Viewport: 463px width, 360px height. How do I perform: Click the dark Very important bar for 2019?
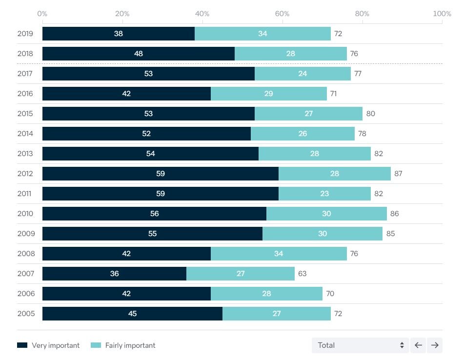[118, 34]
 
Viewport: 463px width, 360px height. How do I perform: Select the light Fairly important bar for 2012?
[334, 174]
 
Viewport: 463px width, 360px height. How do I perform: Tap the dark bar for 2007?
[114, 274]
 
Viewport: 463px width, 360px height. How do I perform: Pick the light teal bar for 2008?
[278, 254]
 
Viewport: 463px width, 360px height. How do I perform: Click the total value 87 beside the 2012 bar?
[398, 174]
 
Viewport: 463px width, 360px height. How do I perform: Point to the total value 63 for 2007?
[302, 274]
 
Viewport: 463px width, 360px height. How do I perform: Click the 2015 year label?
[25, 114]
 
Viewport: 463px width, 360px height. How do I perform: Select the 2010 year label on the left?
[25, 214]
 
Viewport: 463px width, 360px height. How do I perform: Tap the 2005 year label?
[25, 314]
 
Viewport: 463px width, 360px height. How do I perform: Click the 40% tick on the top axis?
[202, 14]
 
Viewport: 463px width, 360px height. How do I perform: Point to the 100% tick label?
[442, 14]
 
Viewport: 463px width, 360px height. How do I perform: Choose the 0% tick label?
[42, 14]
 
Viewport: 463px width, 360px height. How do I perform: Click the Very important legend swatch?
[22, 345]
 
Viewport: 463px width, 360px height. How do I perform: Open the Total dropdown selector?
[360, 345]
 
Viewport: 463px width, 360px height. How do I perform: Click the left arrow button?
[418, 345]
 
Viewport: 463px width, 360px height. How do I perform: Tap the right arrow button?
[434, 345]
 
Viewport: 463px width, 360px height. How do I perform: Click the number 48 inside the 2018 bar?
[139, 54]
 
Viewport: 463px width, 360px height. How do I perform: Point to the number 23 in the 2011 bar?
[324, 194]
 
